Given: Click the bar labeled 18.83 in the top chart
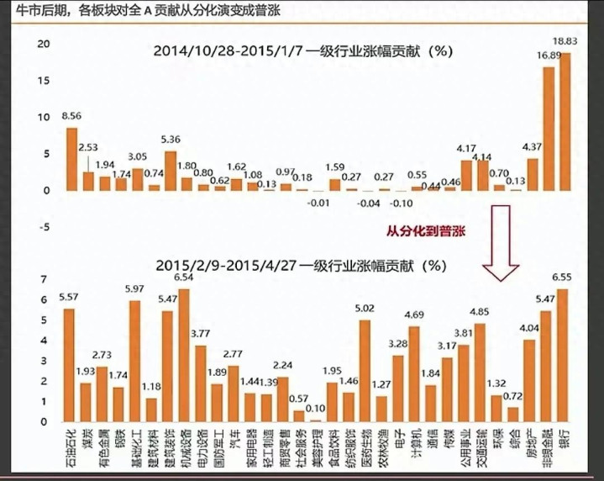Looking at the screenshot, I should [x=565, y=122].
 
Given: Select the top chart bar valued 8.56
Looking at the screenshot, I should [x=72, y=159].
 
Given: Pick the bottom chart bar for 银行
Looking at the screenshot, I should [x=563, y=356].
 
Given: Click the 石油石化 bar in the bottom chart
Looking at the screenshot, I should [x=69, y=365].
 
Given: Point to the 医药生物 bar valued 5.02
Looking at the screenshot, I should [x=365, y=371].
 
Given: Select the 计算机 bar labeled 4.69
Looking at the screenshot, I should [x=413, y=374].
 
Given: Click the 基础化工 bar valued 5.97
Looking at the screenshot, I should [x=134, y=362].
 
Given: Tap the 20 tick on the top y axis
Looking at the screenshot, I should [x=47, y=44].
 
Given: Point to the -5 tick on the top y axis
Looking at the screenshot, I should [x=47, y=226].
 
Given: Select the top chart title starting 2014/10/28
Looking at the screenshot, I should [x=304, y=50].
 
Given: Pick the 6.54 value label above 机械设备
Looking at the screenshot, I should [x=184, y=277].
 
